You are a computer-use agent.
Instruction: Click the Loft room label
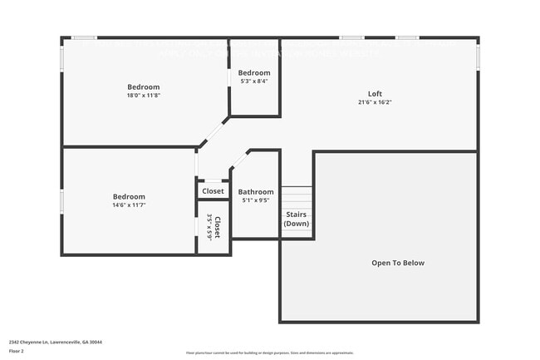pyautogui.click(x=376, y=93)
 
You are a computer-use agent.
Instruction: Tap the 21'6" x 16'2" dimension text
pyautogui.click(x=376, y=102)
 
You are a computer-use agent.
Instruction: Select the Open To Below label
pyautogui.click(x=397, y=263)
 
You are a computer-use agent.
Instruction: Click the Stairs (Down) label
pyautogui.click(x=297, y=219)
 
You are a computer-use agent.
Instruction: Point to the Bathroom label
pyautogui.click(x=256, y=192)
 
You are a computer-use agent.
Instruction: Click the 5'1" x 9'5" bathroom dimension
pyautogui.click(x=256, y=200)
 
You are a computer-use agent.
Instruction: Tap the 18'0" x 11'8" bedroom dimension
pyautogui.click(x=144, y=96)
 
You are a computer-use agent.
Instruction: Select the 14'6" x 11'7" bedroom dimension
pyautogui.click(x=129, y=205)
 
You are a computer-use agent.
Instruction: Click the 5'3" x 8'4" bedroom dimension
pyautogui.click(x=254, y=81)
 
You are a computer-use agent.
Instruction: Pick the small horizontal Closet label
pyautogui.click(x=213, y=191)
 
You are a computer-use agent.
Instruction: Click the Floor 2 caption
pyautogui.click(x=17, y=351)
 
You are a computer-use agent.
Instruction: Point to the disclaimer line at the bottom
pyautogui.click(x=269, y=353)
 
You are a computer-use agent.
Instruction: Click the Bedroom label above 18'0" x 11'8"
pyautogui.click(x=144, y=86)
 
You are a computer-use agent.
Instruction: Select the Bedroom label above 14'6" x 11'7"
pyautogui.click(x=129, y=196)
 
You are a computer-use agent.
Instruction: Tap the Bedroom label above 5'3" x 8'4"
pyautogui.click(x=254, y=73)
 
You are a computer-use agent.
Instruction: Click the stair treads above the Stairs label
pyautogui.click(x=297, y=198)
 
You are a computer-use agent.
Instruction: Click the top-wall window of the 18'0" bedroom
pyautogui.click(x=83, y=37)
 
